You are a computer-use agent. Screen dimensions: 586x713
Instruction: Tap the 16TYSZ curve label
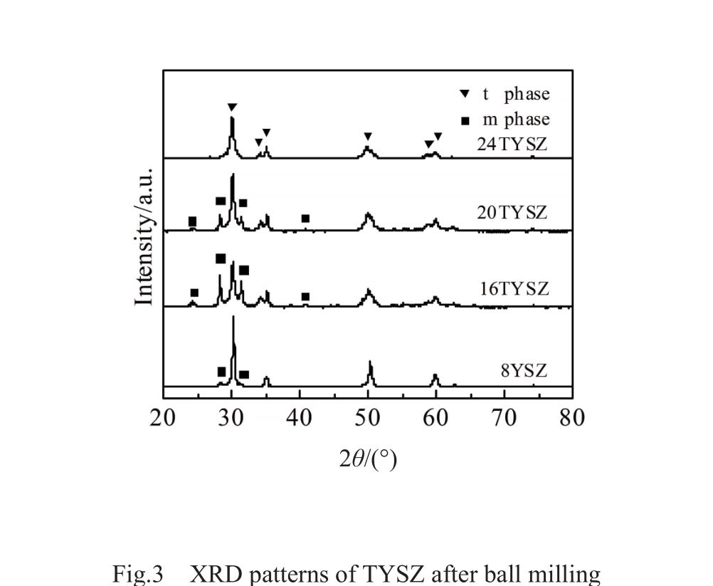[x=512, y=288]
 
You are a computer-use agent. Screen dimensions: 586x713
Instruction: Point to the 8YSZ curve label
[x=523, y=370]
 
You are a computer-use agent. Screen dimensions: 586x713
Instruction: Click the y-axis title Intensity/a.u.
[x=144, y=236]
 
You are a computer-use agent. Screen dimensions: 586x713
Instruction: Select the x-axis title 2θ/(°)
[x=367, y=459]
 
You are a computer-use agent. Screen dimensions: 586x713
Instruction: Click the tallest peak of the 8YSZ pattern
[x=233, y=318]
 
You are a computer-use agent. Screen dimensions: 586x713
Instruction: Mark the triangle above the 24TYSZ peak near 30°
[x=232, y=107]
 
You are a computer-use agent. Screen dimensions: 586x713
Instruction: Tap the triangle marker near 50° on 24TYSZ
[x=368, y=136]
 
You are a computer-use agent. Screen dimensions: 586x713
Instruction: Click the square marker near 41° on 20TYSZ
[x=305, y=218]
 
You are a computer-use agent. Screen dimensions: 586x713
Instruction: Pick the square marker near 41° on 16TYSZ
[x=305, y=296]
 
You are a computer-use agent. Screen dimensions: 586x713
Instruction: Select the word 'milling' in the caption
[x=566, y=574]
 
